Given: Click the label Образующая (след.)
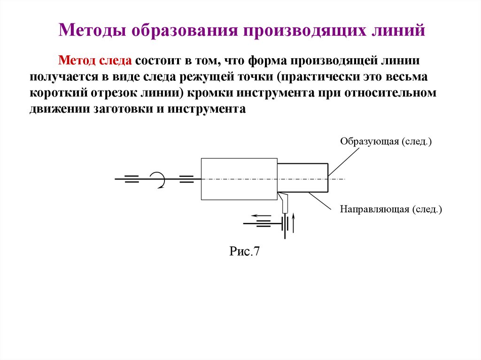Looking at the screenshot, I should (386, 141).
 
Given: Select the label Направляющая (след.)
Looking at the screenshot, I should (391, 209).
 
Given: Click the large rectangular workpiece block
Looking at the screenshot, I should (239, 179).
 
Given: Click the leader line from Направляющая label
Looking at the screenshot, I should (324, 201).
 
